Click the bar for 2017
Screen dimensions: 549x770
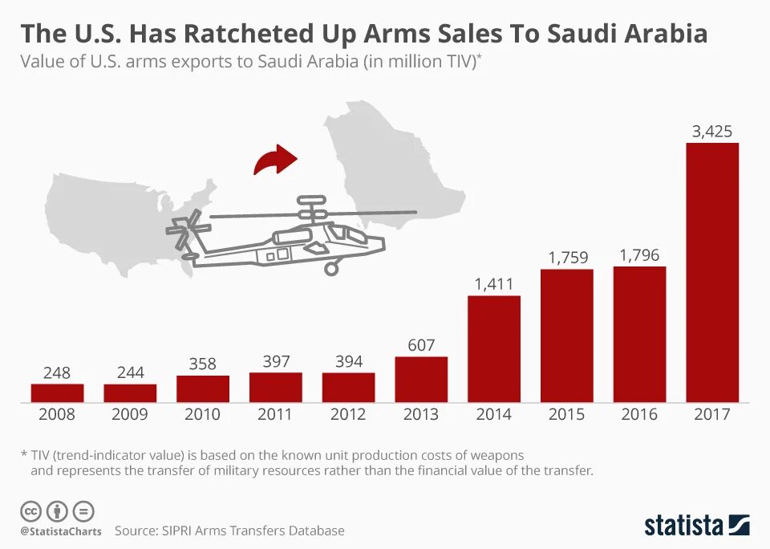click(712, 272)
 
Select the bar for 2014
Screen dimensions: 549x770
click(494, 348)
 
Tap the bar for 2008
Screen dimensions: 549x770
click(58, 392)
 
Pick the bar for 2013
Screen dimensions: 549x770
click(421, 379)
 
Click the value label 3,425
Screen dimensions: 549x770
click(712, 132)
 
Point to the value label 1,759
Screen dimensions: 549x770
click(568, 258)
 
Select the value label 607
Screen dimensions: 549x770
click(421, 345)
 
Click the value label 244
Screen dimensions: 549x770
click(130, 372)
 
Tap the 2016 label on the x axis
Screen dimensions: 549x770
click(639, 414)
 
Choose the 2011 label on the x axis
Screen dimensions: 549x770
click(275, 414)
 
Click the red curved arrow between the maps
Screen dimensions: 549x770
click(274, 160)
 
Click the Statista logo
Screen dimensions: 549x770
click(696, 526)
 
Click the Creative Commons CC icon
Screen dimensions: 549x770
click(30, 510)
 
